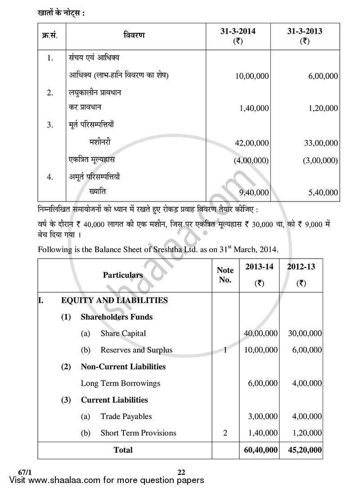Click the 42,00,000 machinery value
pyautogui.click(x=252, y=143)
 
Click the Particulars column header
pyautogui.click(x=123, y=275)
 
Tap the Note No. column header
pyautogui.click(x=225, y=275)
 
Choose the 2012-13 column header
pyautogui.click(x=301, y=267)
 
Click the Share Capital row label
pyautogui.click(x=123, y=333)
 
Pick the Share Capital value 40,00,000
pyautogui.click(x=260, y=333)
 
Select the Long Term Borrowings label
pyautogui.click(x=120, y=383)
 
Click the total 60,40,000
pyautogui.click(x=260, y=450)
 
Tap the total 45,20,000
pyautogui.click(x=304, y=450)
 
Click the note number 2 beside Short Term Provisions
pyautogui.click(x=225, y=433)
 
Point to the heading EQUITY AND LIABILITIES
pyautogui.click(x=114, y=300)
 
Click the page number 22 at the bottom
pyautogui.click(x=181, y=472)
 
